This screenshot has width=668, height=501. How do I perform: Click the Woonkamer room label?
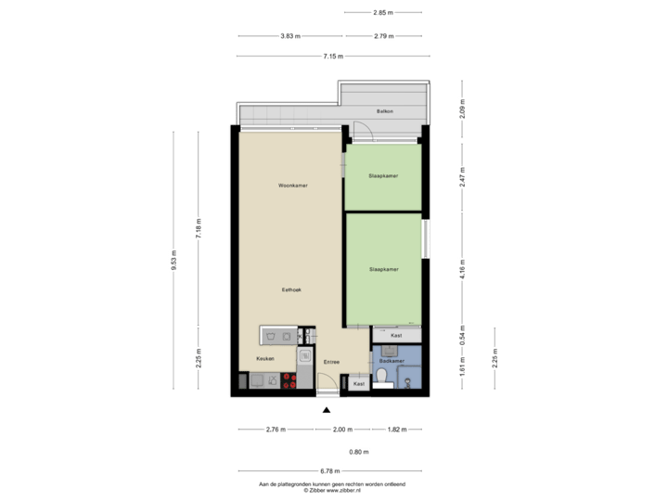coord(292,186)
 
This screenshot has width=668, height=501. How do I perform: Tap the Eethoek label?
coord(292,290)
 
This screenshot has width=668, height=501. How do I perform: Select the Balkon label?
coord(385,111)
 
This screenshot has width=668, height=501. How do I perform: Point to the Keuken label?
coord(265,359)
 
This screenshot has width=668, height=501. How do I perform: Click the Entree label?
coord(331,362)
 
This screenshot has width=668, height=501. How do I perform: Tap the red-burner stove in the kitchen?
coord(288,379)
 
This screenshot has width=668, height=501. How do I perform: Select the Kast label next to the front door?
coord(358,382)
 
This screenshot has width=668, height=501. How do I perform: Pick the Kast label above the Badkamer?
coord(396,335)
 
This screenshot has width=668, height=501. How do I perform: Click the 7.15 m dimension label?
coord(333,56)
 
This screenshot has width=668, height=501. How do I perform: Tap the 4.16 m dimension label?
coord(462,269)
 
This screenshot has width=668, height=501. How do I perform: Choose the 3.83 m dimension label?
coord(290,36)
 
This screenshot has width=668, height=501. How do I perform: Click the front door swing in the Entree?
coord(325,382)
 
